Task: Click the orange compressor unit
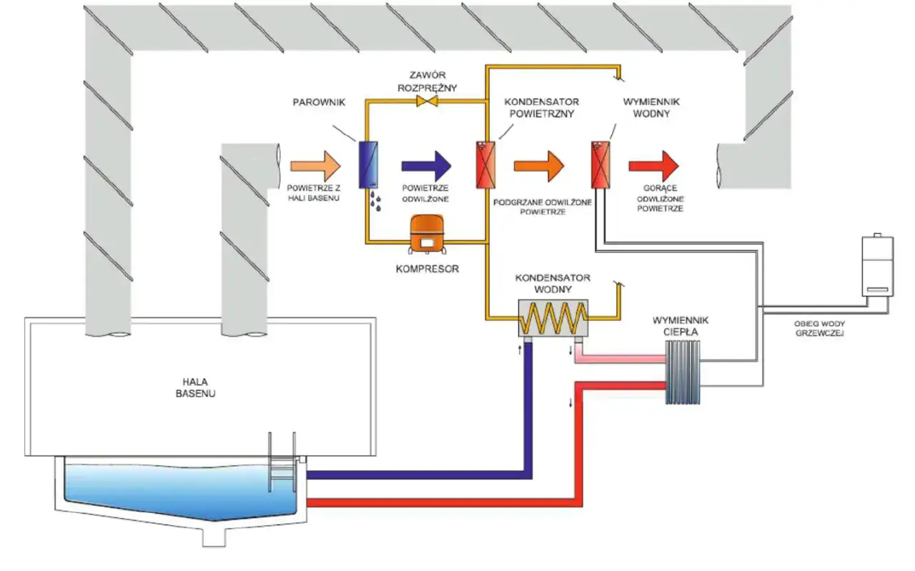coord(427,234)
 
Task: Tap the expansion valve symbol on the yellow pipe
coord(427,101)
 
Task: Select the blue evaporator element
coord(368,165)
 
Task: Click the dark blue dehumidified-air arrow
coord(427,167)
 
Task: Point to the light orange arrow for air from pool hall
coord(316,167)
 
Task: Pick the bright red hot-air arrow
coord(654,167)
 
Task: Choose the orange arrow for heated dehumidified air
coord(539,167)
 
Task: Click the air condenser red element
coord(486,165)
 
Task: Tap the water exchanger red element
coord(601,165)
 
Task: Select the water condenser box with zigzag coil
coord(553,318)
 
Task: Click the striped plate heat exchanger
coord(683,372)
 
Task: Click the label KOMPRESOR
coord(427,269)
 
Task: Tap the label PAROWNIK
coord(319,102)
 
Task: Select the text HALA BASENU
coord(196,387)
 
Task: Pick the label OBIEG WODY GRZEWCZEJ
coord(820,329)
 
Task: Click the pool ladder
coord(282,462)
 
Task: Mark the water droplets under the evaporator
coord(376,201)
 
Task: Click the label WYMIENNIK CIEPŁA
coord(681,326)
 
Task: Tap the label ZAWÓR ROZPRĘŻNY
coord(427,81)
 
